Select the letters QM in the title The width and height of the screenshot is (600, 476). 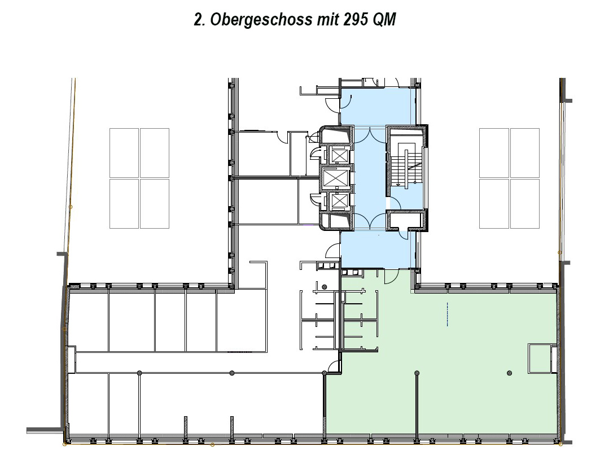[x=384, y=20]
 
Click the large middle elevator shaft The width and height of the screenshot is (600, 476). [x=336, y=177]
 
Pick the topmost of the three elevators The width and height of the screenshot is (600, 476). [x=339, y=155]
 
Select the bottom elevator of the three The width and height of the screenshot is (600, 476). [x=339, y=200]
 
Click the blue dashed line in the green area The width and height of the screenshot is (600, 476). [x=448, y=314]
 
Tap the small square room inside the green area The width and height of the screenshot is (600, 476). [x=540, y=359]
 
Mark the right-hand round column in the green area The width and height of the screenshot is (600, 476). [x=509, y=373]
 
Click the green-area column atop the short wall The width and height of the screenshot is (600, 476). [x=417, y=373]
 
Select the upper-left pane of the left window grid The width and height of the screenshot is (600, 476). [x=124, y=153]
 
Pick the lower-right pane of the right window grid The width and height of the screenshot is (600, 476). [x=524, y=204]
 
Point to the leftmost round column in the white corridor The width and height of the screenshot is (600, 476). [x=139, y=373]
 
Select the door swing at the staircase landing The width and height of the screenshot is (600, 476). [x=404, y=234]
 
